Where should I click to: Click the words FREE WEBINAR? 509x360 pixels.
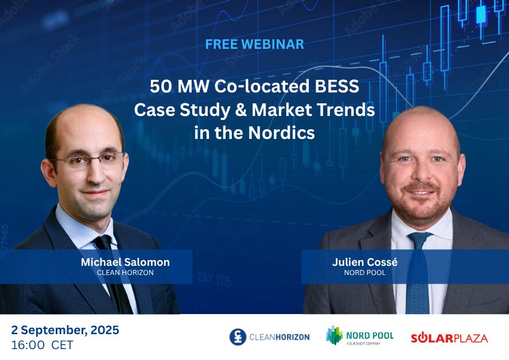click(x=255, y=44)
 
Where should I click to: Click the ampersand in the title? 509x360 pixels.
click(x=241, y=110)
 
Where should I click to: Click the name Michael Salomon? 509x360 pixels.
click(x=125, y=262)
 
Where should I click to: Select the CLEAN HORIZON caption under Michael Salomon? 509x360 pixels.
click(x=125, y=273)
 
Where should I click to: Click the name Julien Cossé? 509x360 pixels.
click(x=365, y=262)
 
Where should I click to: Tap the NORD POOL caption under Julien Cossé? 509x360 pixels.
click(x=365, y=273)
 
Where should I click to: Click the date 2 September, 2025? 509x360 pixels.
click(x=65, y=330)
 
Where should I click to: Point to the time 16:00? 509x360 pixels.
click(x=28, y=344)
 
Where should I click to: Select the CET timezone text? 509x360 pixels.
click(x=63, y=344)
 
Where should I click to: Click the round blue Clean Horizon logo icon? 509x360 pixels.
click(x=238, y=337)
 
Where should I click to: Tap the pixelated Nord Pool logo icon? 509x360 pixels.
click(x=334, y=335)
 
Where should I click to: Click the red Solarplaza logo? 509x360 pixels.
click(x=449, y=338)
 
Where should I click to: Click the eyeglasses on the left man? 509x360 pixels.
click(x=87, y=160)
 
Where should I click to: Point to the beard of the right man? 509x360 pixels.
click(x=421, y=202)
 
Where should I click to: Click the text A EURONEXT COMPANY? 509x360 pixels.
click(x=363, y=343)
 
